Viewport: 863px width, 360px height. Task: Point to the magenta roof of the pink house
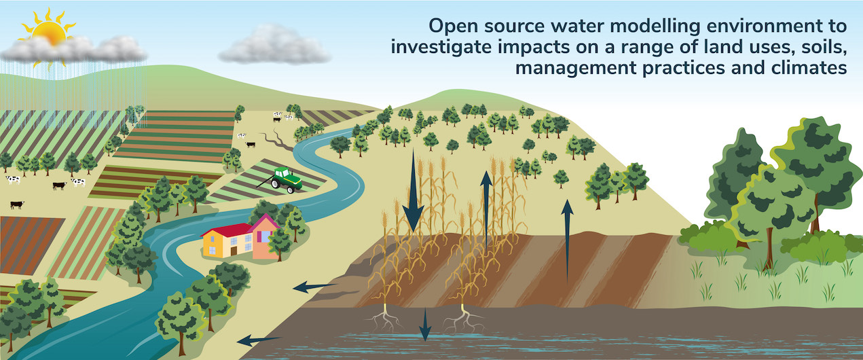[265, 221]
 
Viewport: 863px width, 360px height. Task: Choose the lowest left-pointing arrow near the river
[261, 338]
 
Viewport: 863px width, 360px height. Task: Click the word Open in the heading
[452, 26]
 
